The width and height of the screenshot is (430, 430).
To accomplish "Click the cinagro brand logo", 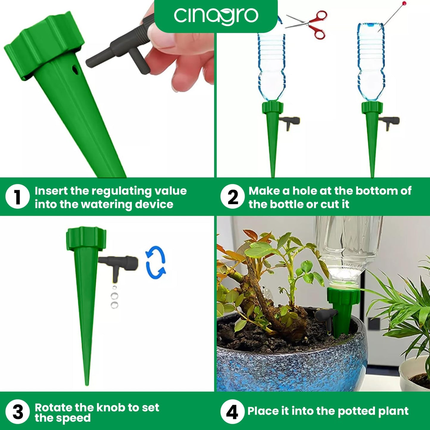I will [x=216, y=15].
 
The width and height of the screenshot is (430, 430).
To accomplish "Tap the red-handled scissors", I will [x=309, y=24].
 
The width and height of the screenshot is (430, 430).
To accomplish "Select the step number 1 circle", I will [x=18, y=197].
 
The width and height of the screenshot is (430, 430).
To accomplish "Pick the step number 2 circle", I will [x=232, y=197].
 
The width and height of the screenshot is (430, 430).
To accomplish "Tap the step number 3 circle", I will [x=18, y=412].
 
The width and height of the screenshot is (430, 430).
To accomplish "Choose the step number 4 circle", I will [x=232, y=412].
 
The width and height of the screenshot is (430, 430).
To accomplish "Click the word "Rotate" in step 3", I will [x=53, y=407].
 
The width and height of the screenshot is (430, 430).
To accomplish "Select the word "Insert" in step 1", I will [x=51, y=191].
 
